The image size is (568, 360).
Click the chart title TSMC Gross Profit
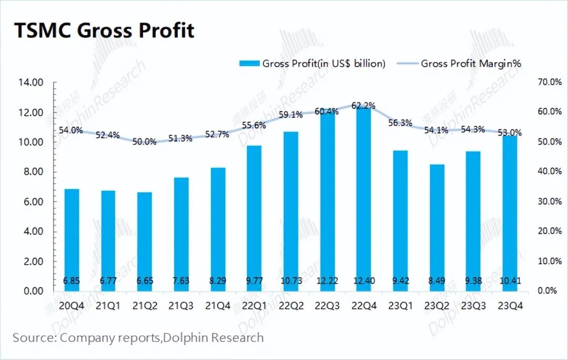click(x=104, y=31)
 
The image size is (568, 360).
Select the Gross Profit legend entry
click(x=312, y=64)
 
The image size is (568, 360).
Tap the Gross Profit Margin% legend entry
click(x=459, y=64)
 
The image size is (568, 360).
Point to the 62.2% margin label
click(x=363, y=106)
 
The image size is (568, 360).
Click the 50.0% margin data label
click(x=144, y=142)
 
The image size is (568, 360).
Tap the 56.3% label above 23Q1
click(x=400, y=123)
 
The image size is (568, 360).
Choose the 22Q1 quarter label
click(x=253, y=305)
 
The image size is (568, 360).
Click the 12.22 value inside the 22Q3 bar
click(x=327, y=281)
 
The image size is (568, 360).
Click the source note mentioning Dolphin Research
click(x=138, y=337)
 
